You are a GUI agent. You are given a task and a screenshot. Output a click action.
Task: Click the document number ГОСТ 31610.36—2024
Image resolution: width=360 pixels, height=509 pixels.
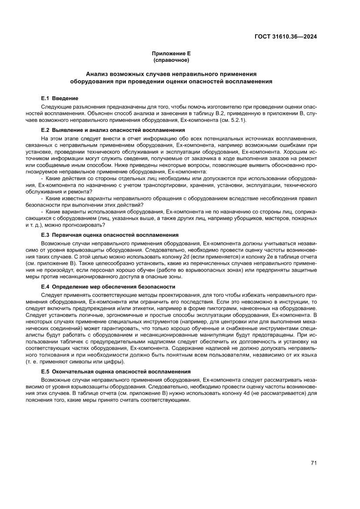(x=285, y=37)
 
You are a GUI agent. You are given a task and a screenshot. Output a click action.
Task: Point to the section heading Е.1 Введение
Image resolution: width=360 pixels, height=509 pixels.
(x=59, y=98)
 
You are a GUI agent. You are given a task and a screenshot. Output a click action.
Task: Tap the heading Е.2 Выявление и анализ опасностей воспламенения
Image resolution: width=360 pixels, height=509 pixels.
(x=113, y=130)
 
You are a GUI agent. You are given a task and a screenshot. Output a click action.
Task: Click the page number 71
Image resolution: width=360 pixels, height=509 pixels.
(x=313, y=463)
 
